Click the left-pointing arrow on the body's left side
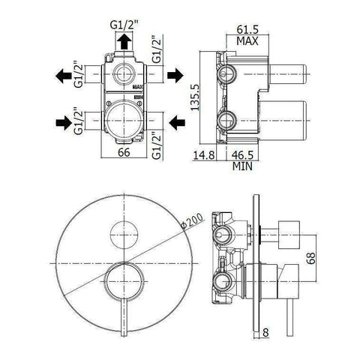[x=62, y=75]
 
